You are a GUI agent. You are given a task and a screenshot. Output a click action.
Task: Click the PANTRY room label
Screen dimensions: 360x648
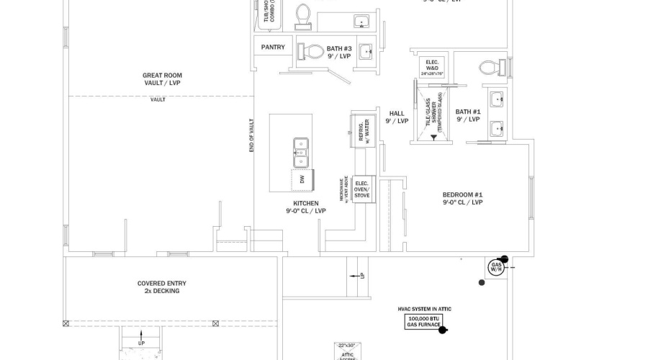coord(273,48)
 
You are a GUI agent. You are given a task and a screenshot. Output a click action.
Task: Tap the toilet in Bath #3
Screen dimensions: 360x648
coord(312,51)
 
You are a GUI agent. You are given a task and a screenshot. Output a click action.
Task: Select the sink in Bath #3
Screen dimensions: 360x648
coord(366,50)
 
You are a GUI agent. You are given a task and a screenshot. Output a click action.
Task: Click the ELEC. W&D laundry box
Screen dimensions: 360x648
coord(432,67)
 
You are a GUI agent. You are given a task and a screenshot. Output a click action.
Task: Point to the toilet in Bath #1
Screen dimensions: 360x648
coord(491,68)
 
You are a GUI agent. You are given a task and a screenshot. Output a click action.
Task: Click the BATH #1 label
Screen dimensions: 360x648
coord(467,115)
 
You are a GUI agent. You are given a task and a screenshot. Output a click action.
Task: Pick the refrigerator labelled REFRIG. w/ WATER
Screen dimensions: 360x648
coord(359,130)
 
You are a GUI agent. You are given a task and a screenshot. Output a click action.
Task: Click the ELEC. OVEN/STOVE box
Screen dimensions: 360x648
coord(361,189)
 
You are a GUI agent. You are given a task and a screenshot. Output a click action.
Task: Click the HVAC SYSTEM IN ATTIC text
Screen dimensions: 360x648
coord(424,309)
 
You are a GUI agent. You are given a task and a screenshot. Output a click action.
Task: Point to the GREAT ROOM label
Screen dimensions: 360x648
coord(162,79)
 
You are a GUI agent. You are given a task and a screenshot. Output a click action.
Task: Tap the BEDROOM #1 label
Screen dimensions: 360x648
coord(462,199)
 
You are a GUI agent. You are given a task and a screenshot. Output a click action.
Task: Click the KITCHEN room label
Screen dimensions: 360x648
coord(305,207)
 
